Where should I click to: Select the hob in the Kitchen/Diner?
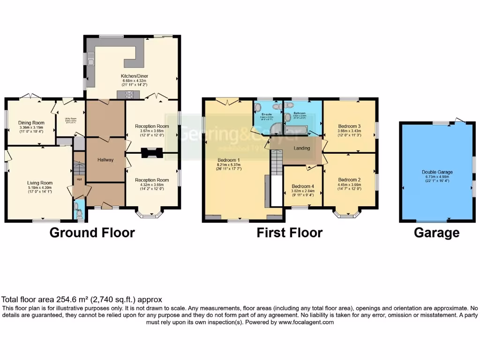pyautogui.click(x=129, y=95)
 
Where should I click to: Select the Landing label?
pyautogui.click(x=301, y=149)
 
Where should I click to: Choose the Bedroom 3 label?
pyautogui.click(x=349, y=126)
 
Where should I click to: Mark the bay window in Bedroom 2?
pyautogui.click(x=347, y=215)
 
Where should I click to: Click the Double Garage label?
pyautogui.click(x=437, y=172)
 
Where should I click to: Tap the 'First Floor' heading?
pyautogui.click(x=289, y=233)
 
